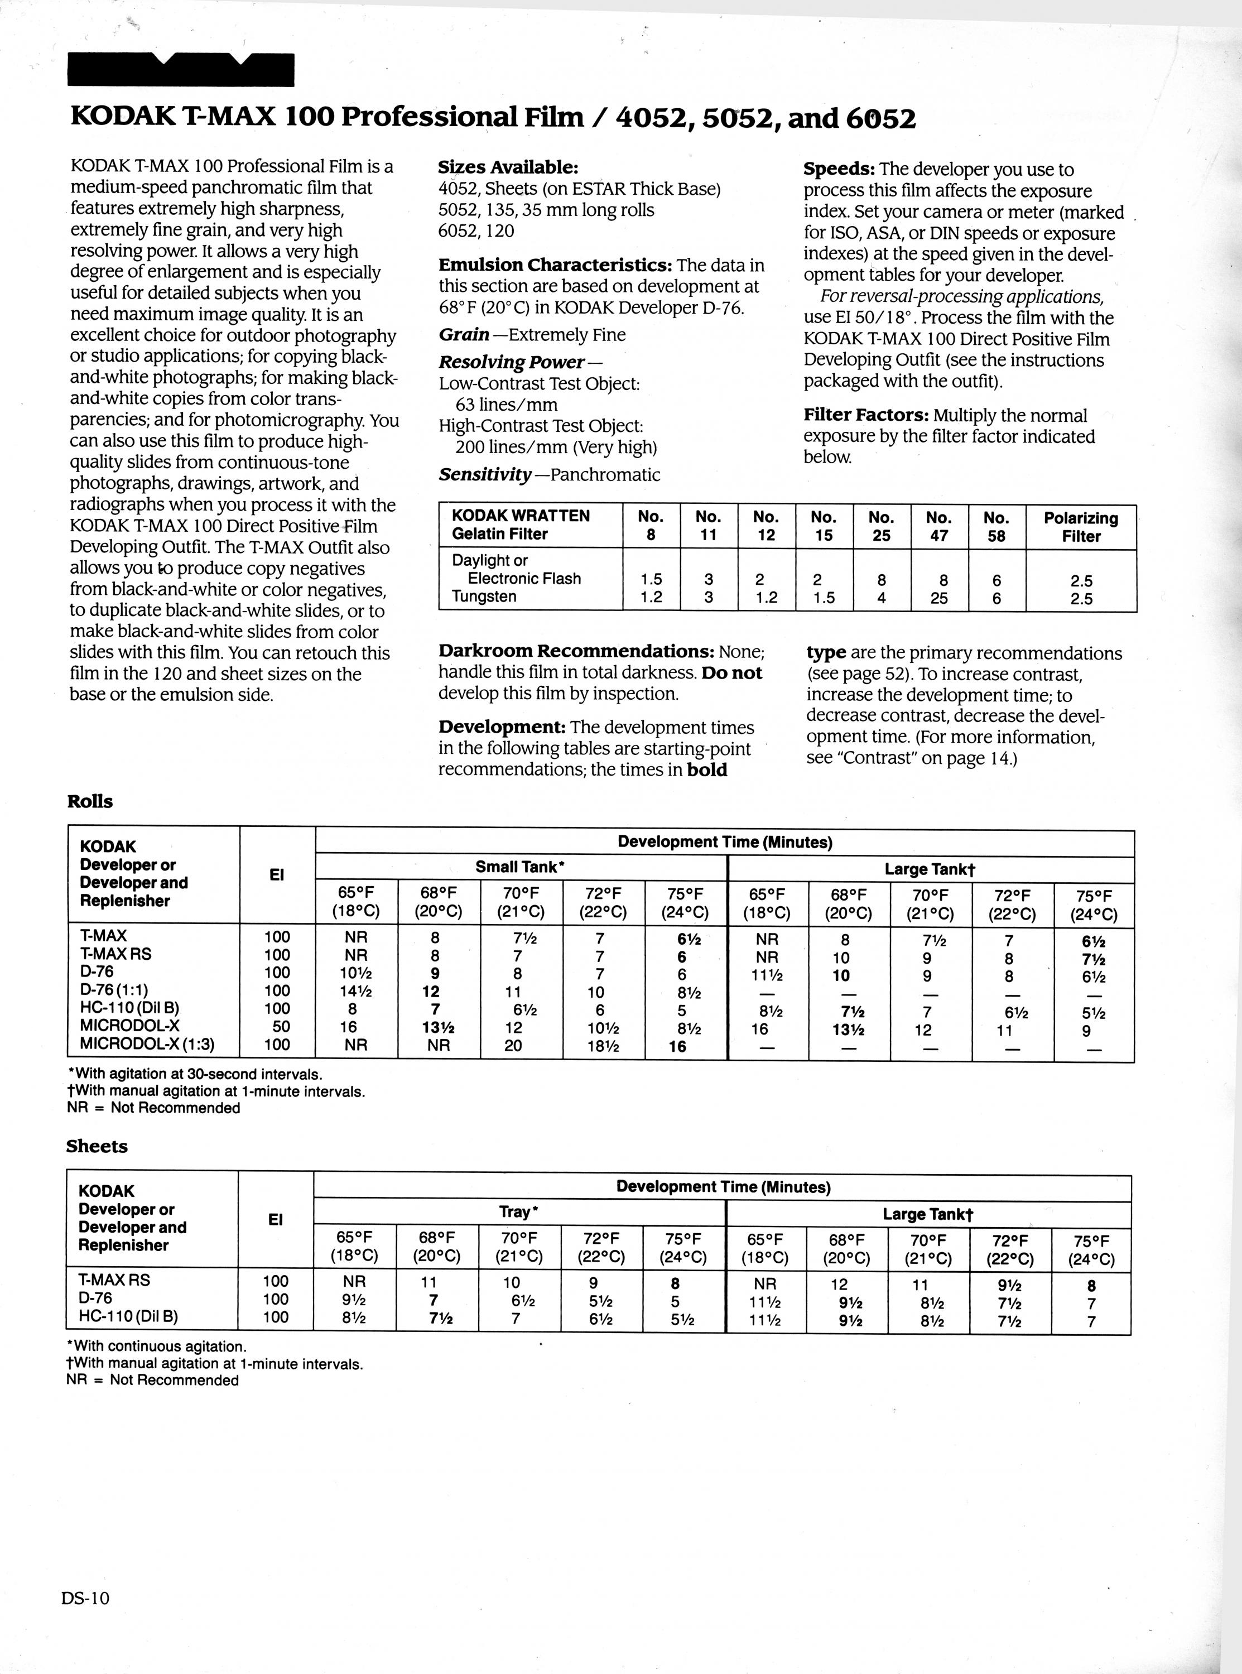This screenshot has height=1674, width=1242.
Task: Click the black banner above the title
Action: (180, 71)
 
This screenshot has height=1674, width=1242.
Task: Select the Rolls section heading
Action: (90, 801)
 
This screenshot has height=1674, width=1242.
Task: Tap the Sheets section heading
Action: (97, 1146)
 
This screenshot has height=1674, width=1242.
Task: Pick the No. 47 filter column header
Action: (938, 526)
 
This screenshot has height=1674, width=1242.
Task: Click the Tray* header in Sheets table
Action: (518, 1212)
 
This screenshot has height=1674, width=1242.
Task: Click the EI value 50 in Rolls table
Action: (277, 1027)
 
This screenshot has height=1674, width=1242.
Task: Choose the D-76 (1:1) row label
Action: (124, 990)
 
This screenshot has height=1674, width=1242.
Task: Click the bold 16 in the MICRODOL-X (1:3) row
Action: (677, 1046)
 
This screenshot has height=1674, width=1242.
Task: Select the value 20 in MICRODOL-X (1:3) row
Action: (513, 1046)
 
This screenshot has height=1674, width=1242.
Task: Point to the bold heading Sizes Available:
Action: (508, 167)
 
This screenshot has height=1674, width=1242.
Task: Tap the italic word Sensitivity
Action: (485, 474)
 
